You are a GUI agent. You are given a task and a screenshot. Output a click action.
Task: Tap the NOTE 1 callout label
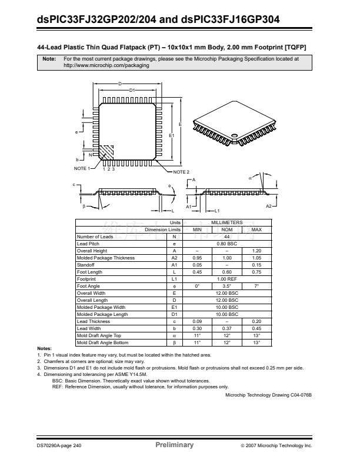tap(81, 169)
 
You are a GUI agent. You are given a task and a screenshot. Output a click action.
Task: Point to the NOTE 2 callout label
tap(181, 172)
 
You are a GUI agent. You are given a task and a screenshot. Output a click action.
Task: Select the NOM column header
tap(226, 229)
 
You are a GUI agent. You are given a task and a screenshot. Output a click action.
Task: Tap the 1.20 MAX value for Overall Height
tap(256, 251)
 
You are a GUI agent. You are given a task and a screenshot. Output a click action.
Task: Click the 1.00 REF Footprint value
tap(226, 279)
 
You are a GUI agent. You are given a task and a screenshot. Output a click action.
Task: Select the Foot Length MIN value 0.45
tap(198, 272)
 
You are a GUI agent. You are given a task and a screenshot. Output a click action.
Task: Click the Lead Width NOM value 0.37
tap(226, 328)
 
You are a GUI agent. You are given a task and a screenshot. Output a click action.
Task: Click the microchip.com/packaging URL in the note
tap(106, 65)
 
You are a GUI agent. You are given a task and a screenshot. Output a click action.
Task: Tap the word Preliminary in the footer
tap(174, 445)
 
